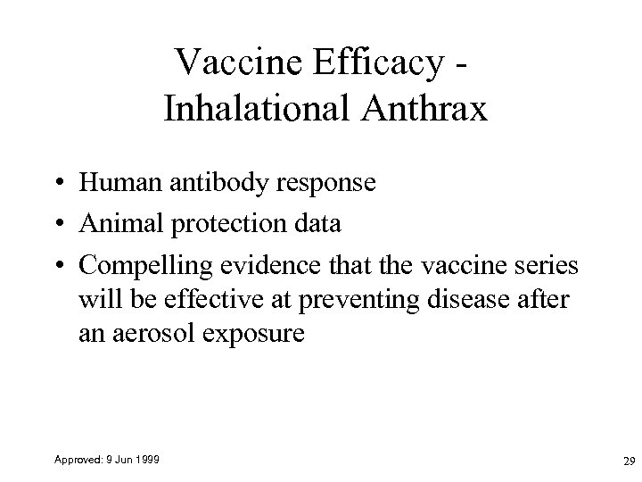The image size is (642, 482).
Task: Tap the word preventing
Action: tap(356, 300)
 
